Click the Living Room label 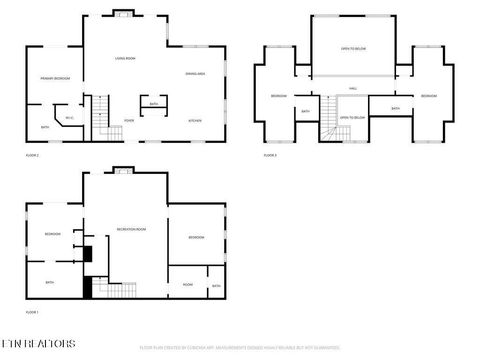coord(124,58)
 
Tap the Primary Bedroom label coord(54,78)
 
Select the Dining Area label coord(195,74)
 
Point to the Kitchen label coord(196,120)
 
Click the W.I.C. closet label coord(70,119)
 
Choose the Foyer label coord(129,120)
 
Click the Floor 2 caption coord(32,155)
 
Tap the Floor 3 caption coord(270,155)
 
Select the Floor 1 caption coord(32,313)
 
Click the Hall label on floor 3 coord(353,89)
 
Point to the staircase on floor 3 coord(329,128)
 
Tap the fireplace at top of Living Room coord(124,13)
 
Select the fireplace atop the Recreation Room coord(122,171)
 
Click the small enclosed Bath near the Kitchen coord(154,105)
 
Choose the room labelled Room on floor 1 coord(187,284)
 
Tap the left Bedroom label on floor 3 coord(278,95)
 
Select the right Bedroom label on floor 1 coord(197,237)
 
